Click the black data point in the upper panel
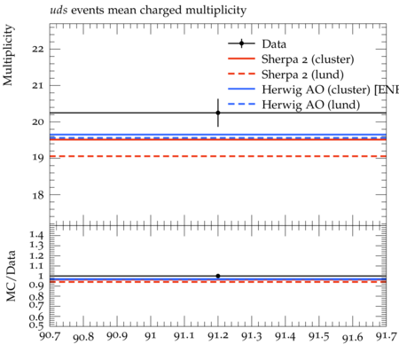point(218,113)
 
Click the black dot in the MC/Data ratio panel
point(218,276)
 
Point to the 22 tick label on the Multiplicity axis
point(38,49)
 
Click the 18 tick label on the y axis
point(38,195)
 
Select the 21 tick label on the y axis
point(38,86)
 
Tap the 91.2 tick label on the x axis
point(218,336)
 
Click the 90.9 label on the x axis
point(117,336)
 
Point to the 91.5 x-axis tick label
point(319,336)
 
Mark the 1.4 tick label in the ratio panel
point(37,236)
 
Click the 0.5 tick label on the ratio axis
point(36,325)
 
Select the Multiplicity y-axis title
point(8,55)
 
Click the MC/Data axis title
point(11,276)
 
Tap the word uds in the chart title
point(59,11)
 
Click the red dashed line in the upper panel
point(218,156)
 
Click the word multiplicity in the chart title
point(215,11)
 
